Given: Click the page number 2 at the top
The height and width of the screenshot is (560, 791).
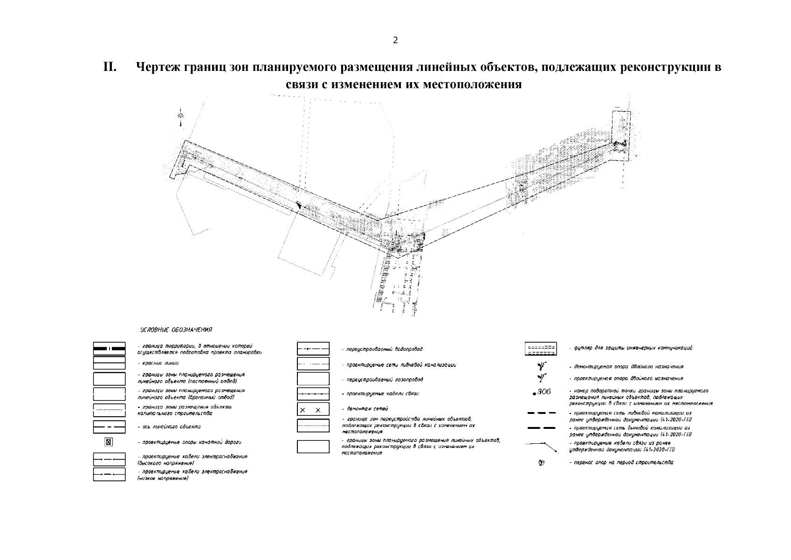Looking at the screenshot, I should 395,40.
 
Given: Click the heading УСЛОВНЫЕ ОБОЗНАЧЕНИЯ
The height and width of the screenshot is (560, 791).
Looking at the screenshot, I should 176,330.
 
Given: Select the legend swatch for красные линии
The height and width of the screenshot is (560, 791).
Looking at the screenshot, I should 109,363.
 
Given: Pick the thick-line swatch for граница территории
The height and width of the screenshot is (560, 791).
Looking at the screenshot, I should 109,349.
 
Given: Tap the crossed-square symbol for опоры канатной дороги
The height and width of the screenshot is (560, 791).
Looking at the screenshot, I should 108,441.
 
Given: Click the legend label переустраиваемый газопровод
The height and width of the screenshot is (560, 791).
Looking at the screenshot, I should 382,380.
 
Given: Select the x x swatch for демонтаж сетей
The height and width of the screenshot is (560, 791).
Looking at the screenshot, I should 313,410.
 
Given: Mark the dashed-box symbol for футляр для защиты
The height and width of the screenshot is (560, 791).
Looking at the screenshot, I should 541,349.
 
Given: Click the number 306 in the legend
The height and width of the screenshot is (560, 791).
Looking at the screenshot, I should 543,392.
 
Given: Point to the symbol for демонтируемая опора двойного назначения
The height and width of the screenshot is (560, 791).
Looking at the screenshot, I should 541,366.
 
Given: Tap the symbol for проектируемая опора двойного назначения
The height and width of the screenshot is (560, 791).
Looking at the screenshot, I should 541,378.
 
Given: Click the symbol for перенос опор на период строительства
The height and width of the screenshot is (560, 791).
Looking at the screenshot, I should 541,463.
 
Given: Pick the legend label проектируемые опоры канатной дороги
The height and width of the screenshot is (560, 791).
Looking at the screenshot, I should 192,442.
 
